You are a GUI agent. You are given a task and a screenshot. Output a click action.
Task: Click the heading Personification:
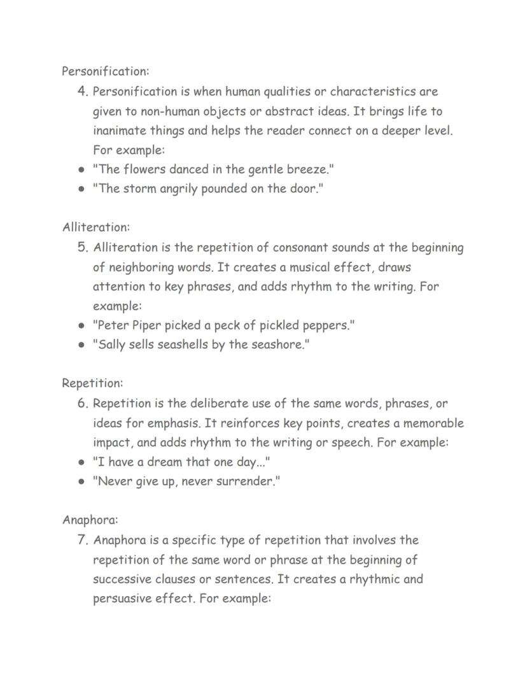[105, 71]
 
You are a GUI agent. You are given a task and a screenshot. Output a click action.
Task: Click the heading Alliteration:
[95, 227]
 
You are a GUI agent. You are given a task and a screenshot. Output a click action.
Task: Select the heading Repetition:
[92, 383]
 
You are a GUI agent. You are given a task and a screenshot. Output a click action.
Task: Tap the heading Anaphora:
[90, 520]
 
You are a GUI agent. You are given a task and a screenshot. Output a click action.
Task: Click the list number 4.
[82, 92]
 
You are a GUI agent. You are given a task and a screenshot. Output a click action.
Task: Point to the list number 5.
[82, 247]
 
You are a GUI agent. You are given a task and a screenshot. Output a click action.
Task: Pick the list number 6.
[82, 403]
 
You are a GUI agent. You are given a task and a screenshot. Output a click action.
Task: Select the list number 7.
[82, 540]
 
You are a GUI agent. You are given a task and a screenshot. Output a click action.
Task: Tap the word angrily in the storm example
[176, 189]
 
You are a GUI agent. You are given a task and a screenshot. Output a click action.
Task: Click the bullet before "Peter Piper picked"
[81, 325]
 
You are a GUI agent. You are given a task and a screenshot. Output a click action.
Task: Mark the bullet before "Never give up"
[81, 481]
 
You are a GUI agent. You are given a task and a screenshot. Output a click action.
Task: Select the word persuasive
[123, 599]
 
